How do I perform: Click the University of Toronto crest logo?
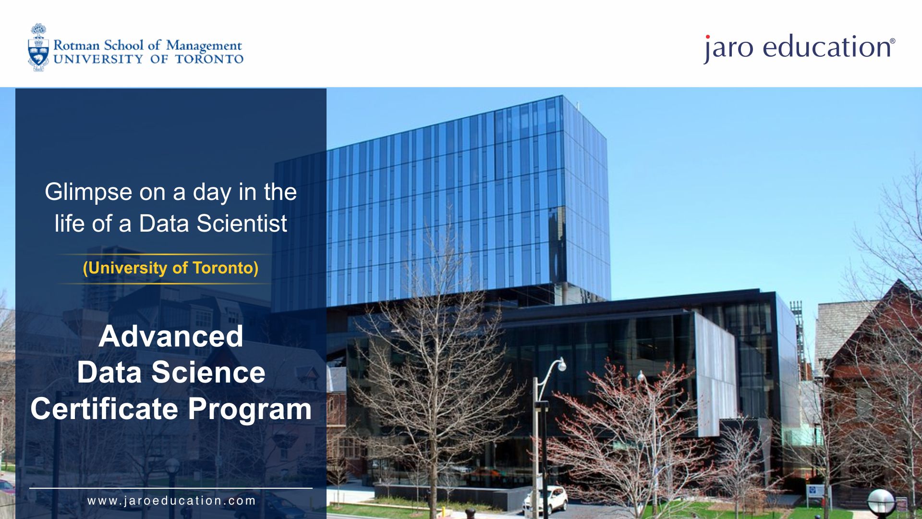click(38, 48)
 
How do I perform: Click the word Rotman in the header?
click(76, 46)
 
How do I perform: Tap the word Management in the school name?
click(204, 47)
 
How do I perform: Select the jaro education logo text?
click(799, 48)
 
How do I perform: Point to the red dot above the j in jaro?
click(707, 37)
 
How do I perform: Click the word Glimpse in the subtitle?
click(88, 192)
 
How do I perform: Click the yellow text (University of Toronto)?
click(170, 268)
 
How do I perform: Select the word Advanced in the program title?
click(170, 336)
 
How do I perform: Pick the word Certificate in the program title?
click(104, 409)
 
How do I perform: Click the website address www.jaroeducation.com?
click(171, 501)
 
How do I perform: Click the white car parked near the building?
click(546, 500)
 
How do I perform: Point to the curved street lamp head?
click(561, 364)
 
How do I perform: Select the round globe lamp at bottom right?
click(881, 502)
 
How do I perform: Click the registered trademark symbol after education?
click(893, 41)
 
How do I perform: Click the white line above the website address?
click(170, 488)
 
